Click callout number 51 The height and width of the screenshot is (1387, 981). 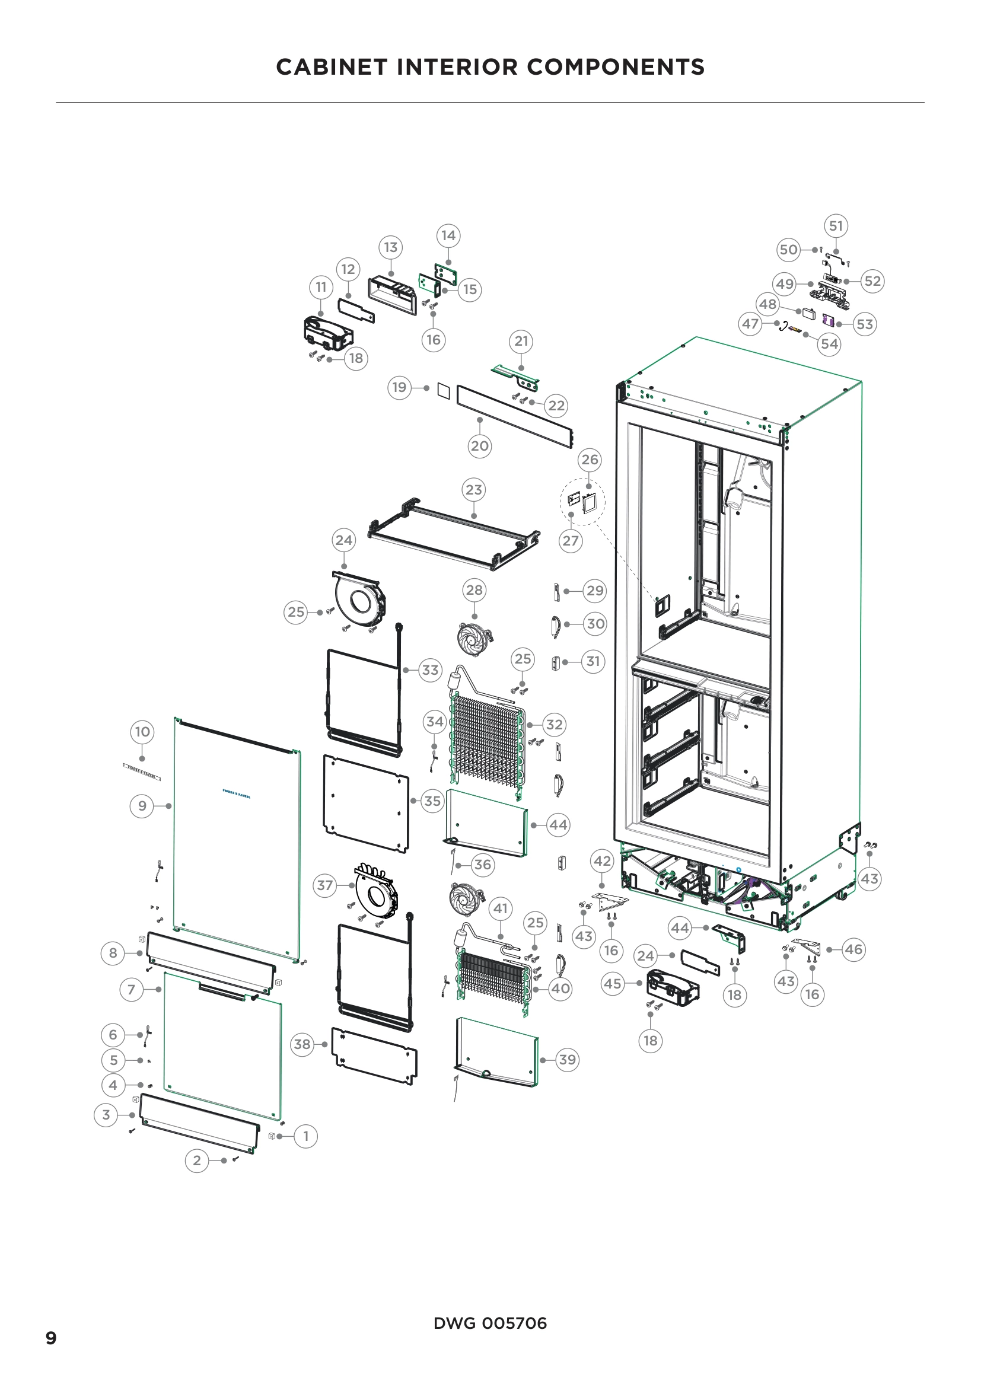click(x=836, y=226)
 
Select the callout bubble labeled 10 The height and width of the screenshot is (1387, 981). click(x=142, y=732)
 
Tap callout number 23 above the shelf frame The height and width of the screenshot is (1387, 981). click(x=473, y=490)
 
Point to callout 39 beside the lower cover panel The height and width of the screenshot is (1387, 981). click(x=566, y=1060)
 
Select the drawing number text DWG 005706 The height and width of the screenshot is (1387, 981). click(x=490, y=1323)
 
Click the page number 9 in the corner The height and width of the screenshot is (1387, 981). click(x=52, y=1338)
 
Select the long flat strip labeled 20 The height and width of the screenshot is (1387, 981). click(x=514, y=417)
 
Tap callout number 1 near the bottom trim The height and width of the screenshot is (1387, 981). click(x=305, y=1136)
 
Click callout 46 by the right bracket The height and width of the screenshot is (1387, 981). click(x=853, y=949)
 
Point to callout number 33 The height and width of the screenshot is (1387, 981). click(x=429, y=670)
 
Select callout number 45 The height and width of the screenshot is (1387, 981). click(x=612, y=983)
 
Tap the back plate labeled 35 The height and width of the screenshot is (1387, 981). click(x=365, y=803)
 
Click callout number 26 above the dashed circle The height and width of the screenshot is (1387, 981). click(x=589, y=460)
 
